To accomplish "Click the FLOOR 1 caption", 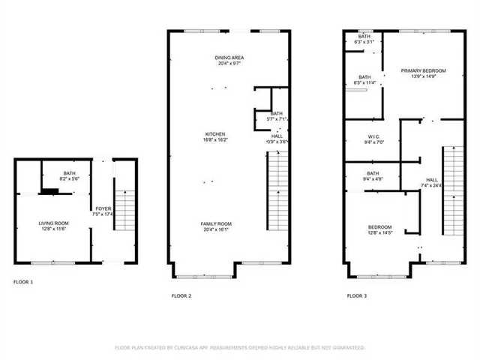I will (x=23, y=282).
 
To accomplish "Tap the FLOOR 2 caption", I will (x=181, y=296).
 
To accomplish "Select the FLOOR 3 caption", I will (x=356, y=296).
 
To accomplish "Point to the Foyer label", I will (x=103, y=212).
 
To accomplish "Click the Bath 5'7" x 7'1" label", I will (x=277, y=116).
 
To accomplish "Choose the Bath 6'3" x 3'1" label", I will (x=364, y=40).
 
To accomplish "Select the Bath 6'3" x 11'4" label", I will (x=364, y=79).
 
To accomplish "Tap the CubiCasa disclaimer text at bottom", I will (x=239, y=348).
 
